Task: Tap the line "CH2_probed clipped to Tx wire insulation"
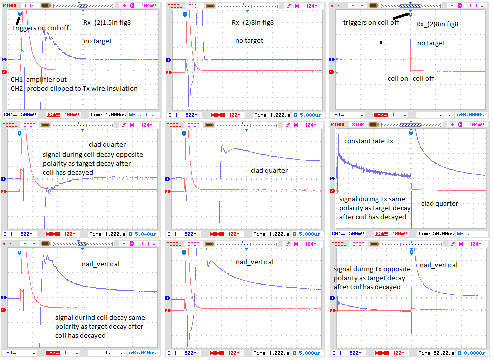(74, 88)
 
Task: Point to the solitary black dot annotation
(381, 43)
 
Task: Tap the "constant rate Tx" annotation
(369, 141)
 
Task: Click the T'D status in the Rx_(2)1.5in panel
(29, 6)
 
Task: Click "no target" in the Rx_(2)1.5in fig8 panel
(98, 41)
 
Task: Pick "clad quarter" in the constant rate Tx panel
(439, 203)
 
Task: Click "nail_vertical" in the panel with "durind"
(101, 263)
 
